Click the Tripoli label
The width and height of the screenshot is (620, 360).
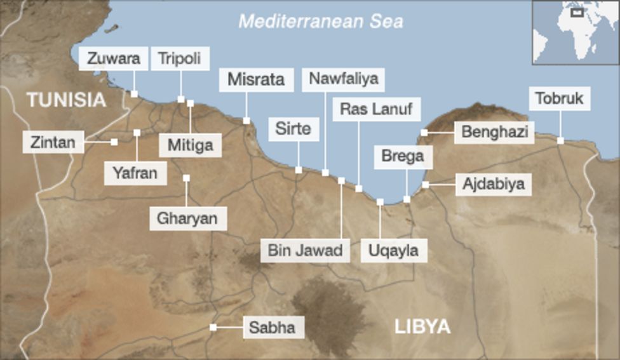pyautogui.click(x=180, y=59)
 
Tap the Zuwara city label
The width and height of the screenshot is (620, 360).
pyautogui.click(x=114, y=59)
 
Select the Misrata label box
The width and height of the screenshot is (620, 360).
pyautogui.click(x=256, y=80)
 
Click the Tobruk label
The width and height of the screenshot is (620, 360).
pyautogui.click(x=559, y=99)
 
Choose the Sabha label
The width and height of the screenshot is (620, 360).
pyautogui.click(x=272, y=328)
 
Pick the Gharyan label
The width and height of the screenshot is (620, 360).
pyautogui.click(x=187, y=219)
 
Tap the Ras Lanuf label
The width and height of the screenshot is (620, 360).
pyautogui.click(x=376, y=109)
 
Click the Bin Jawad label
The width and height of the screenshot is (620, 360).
pyautogui.click(x=305, y=250)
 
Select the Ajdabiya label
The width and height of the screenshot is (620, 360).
pyautogui.click(x=494, y=184)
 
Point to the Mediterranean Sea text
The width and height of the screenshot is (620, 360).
pyautogui.click(x=320, y=22)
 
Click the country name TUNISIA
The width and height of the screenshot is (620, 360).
pyautogui.click(x=66, y=100)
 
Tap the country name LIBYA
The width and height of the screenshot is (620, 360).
pyautogui.click(x=422, y=327)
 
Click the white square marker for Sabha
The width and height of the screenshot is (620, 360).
pyautogui.click(x=213, y=328)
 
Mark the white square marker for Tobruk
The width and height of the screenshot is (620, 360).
pyautogui.click(x=560, y=140)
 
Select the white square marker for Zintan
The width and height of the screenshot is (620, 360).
pyautogui.click(x=114, y=142)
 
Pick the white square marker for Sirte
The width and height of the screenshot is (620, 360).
pyautogui.click(x=299, y=170)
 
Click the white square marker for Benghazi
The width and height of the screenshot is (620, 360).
pyautogui.click(x=424, y=133)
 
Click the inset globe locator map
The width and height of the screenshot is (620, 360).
pyautogui.click(x=576, y=32)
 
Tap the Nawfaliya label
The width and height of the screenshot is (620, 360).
pyautogui.click(x=343, y=79)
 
